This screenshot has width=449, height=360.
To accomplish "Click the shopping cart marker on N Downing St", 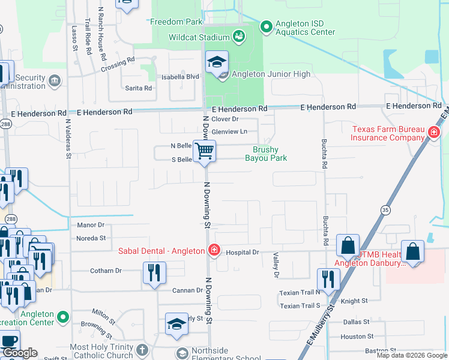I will (x=205, y=151).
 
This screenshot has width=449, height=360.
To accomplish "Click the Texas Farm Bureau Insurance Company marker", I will (x=433, y=132).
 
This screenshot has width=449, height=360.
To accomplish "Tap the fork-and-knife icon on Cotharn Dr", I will (x=154, y=273).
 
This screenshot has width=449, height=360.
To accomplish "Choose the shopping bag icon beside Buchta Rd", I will (x=348, y=245).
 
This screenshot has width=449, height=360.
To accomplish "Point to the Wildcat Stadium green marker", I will (x=239, y=37).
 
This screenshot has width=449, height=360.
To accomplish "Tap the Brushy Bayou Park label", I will (x=265, y=154).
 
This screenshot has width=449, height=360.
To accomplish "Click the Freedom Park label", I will (x=176, y=22).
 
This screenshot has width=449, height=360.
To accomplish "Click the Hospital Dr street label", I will (x=243, y=253).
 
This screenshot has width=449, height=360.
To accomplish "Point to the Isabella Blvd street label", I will (x=181, y=77).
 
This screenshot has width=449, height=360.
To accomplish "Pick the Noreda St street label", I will (x=91, y=238).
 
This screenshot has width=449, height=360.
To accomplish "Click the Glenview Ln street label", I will (x=229, y=131).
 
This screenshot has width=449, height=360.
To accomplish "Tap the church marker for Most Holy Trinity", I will (x=142, y=350).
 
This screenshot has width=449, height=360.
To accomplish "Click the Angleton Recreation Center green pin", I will (x=62, y=315).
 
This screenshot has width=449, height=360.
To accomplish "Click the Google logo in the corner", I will (x=20, y=353).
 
